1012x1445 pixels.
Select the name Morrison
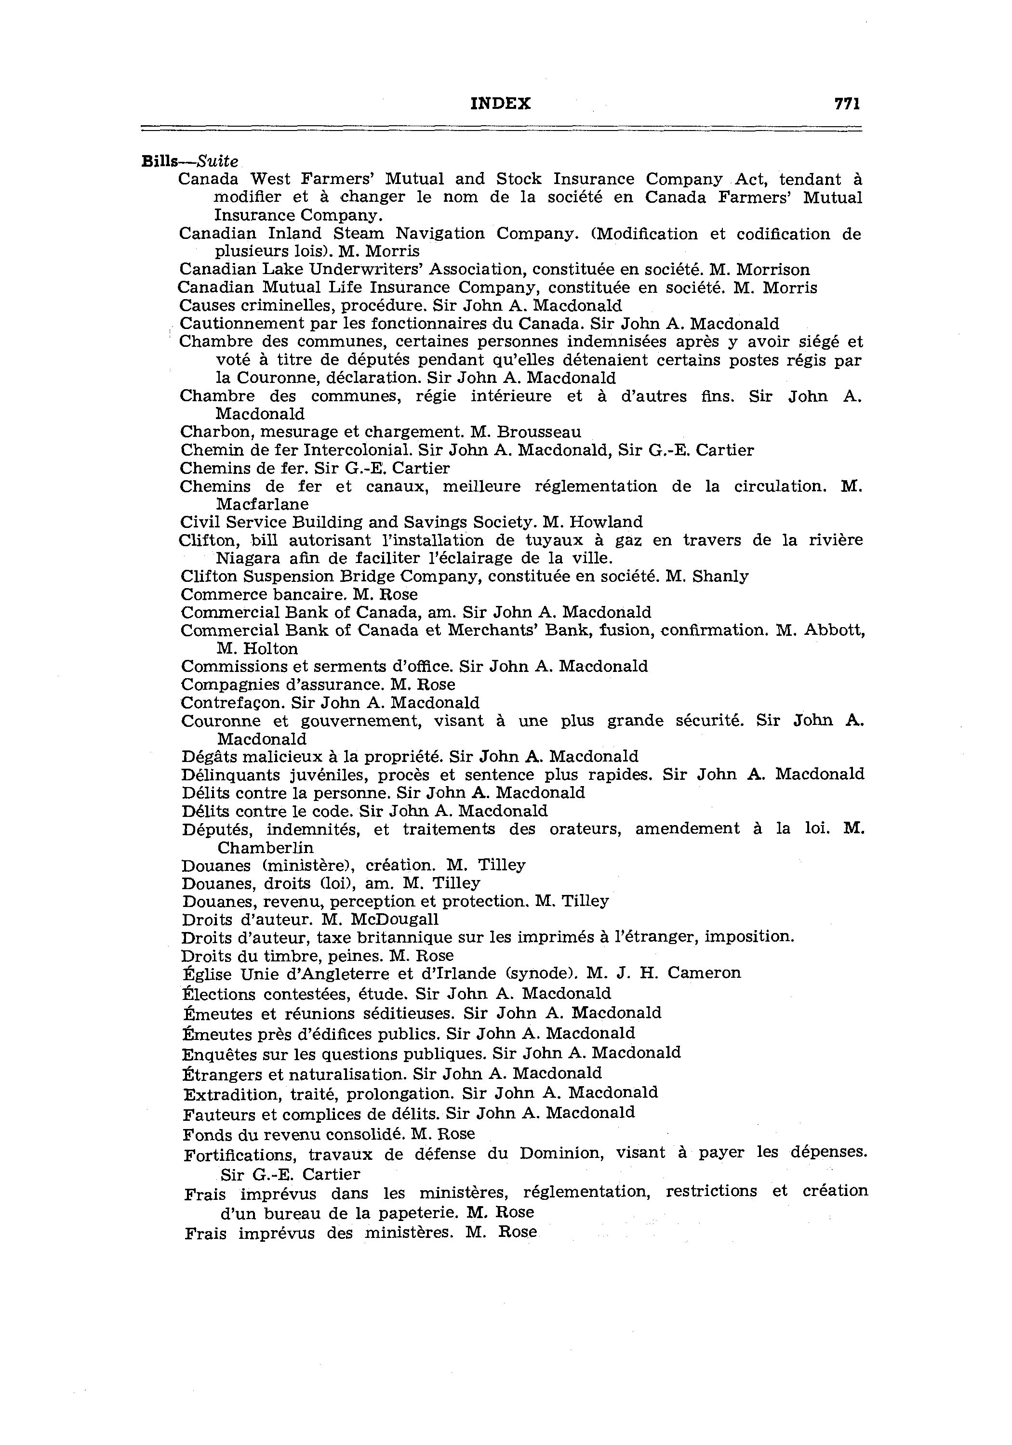pos(773,270)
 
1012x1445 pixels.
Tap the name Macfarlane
pos(262,505)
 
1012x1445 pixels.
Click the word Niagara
pos(247,559)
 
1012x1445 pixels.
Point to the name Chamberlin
pos(265,848)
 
